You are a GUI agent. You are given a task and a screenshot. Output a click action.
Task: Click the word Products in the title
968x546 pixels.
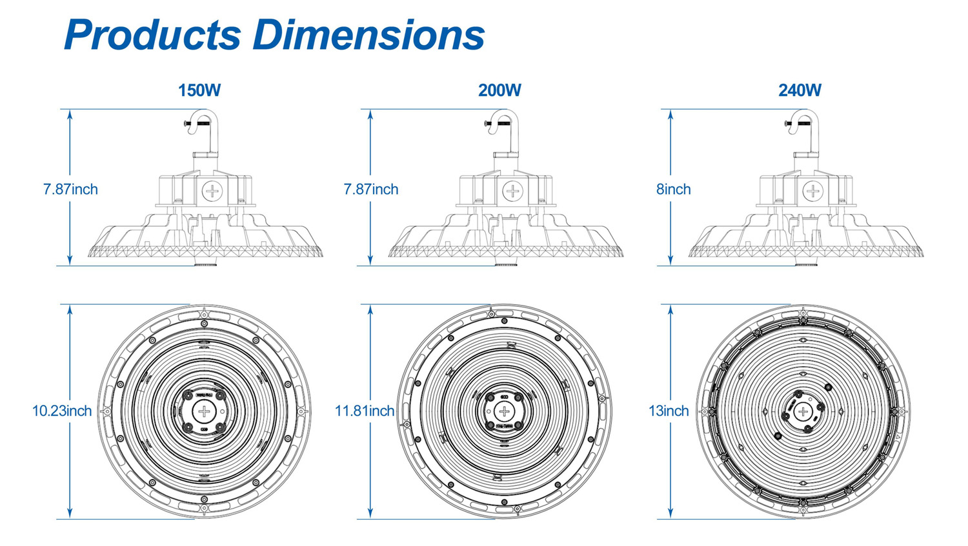[152, 35]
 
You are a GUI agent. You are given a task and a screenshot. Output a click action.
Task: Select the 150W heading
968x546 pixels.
[199, 90]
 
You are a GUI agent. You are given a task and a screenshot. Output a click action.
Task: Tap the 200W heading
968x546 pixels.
[499, 90]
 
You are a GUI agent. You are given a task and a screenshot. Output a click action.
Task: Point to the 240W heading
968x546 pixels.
[800, 90]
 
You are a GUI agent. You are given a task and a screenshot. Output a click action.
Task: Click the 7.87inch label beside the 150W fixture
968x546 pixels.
[70, 190]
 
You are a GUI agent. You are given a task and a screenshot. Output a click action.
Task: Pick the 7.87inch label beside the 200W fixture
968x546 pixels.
[370, 190]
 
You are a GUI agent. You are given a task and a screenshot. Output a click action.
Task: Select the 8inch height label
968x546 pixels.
[673, 190]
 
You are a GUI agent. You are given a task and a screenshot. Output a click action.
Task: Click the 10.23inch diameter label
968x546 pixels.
[62, 411]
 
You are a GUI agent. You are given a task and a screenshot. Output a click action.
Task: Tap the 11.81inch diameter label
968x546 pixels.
[364, 411]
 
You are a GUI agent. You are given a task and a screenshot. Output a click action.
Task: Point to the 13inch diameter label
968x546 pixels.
[669, 411]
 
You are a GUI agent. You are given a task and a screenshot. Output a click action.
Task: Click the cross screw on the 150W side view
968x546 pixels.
[212, 191]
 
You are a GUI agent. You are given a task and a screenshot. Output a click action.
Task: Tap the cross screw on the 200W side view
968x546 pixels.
[512, 191]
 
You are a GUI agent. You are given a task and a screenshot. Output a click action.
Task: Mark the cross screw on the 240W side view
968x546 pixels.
[813, 191]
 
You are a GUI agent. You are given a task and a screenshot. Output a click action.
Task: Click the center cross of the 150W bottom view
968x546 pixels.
[204, 412]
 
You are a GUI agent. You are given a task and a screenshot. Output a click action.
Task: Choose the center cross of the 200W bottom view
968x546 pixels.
[504, 412]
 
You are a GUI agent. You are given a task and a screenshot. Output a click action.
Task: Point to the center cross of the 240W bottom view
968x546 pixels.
[803, 412]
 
